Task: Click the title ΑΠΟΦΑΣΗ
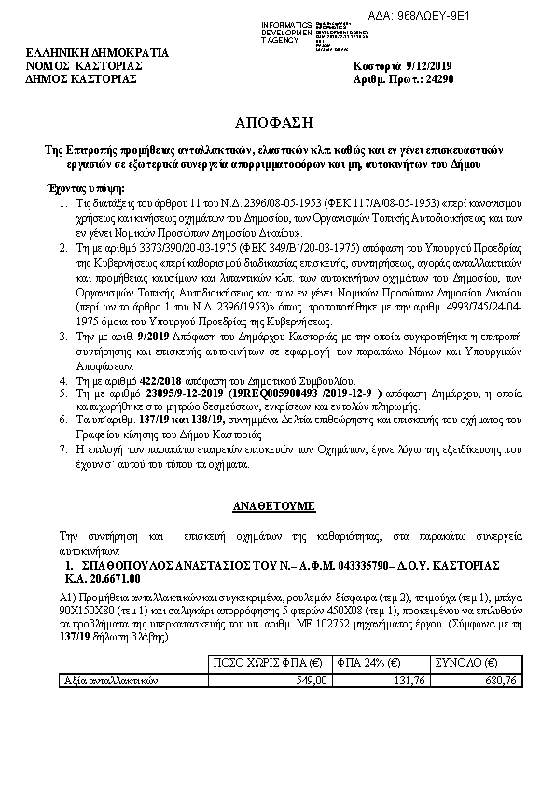276,122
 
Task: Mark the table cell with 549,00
310,680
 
